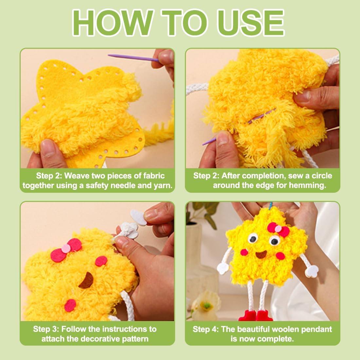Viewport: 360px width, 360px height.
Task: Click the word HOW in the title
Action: tap(113, 23)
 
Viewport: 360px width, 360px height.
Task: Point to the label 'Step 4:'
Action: tap(206, 329)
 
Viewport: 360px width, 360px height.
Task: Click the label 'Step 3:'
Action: tap(46, 329)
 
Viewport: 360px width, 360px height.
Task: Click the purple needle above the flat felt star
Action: tap(134, 58)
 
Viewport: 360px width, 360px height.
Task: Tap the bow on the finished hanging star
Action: tap(278, 229)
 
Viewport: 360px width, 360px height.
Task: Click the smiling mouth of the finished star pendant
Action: tap(261, 254)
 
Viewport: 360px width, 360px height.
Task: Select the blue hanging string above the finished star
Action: tap(271, 206)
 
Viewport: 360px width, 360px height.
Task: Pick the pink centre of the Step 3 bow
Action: tap(66, 248)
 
